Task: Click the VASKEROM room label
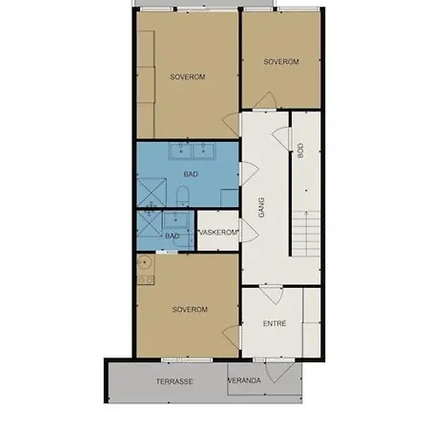(x=218, y=233)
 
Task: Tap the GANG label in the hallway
(x=261, y=208)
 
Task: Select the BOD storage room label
(x=300, y=151)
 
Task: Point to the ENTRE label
(x=275, y=323)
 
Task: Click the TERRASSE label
(x=174, y=381)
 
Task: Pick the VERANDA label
(x=244, y=380)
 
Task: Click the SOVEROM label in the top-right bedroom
(x=281, y=62)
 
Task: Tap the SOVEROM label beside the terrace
(x=190, y=309)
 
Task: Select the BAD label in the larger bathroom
(x=191, y=174)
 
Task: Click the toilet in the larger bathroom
(x=182, y=196)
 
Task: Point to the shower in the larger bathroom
(x=152, y=193)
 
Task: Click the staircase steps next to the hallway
(x=306, y=234)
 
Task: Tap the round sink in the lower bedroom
(x=144, y=263)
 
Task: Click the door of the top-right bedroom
(x=266, y=101)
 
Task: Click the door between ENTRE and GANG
(x=271, y=295)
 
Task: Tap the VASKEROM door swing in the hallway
(x=249, y=231)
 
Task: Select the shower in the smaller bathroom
(x=150, y=224)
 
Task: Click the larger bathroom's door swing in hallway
(x=249, y=174)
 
